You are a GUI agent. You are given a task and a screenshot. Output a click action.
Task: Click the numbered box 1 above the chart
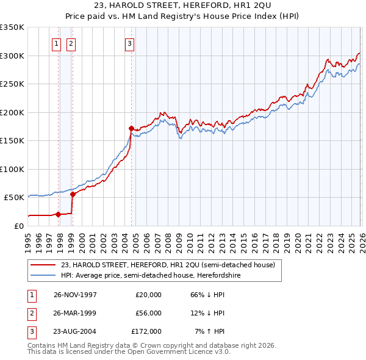click(57, 43)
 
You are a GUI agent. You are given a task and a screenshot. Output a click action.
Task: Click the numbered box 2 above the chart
click(71, 43)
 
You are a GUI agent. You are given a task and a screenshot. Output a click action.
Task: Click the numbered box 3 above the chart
click(130, 43)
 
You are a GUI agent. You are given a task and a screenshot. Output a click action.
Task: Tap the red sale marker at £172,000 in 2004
click(131, 128)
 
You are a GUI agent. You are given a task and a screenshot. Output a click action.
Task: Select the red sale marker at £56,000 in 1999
click(73, 194)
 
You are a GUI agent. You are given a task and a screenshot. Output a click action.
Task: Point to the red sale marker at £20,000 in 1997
click(59, 214)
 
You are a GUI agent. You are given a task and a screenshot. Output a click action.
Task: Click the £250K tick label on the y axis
click(12, 84)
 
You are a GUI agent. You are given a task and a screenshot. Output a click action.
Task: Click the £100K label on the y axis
click(12, 169)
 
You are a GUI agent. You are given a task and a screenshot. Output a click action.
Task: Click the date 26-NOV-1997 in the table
click(76, 295)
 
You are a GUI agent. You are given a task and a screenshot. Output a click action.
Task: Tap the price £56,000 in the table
click(146, 313)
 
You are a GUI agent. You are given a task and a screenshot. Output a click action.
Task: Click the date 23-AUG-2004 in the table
click(76, 331)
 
